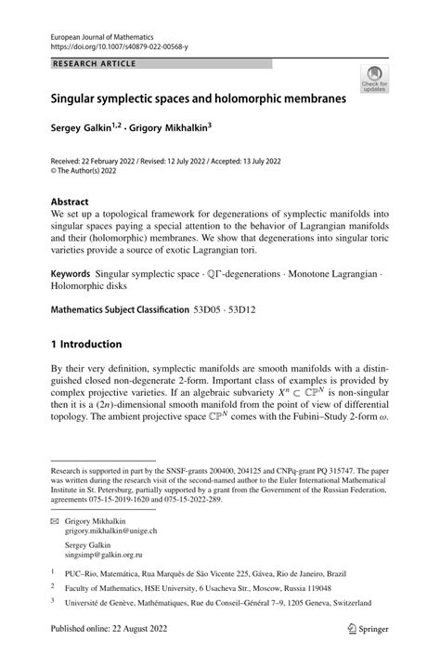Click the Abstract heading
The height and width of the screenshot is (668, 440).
[x=71, y=201]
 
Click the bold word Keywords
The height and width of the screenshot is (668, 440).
[x=71, y=275]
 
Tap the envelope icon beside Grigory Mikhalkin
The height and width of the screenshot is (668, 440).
[x=56, y=524]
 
